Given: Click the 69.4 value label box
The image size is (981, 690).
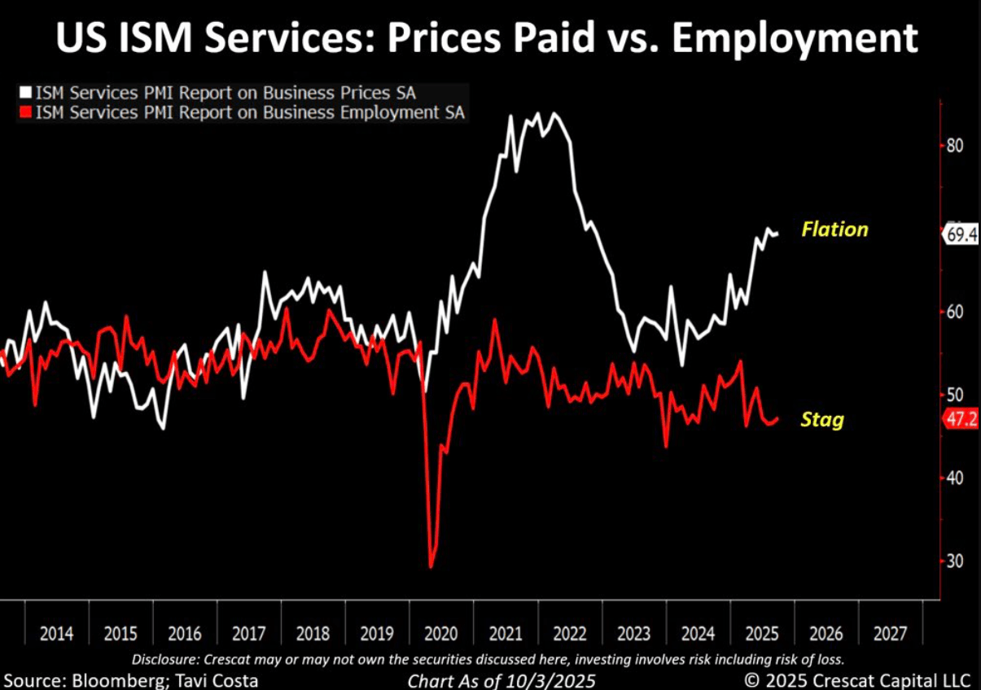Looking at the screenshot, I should click(x=961, y=234).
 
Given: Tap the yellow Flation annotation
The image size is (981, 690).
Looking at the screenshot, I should click(x=834, y=229).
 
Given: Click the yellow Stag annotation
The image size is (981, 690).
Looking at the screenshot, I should click(x=821, y=420).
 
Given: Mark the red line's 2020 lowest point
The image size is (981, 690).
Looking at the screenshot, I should click(x=431, y=566).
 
